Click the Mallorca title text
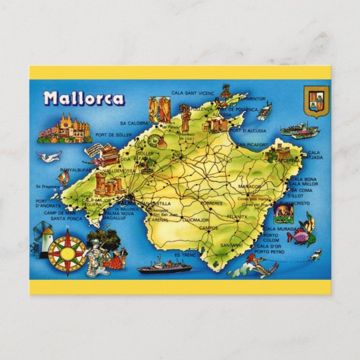(84, 98)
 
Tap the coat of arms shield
(316, 101)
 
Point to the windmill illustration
(42, 238)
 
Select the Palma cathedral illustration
(63, 130)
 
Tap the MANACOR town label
(250, 186)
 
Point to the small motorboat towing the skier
(314, 255)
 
